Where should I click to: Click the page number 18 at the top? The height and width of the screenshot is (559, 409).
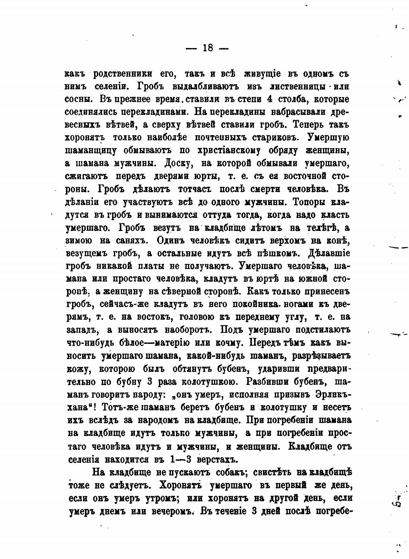click(x=208, y=48)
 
